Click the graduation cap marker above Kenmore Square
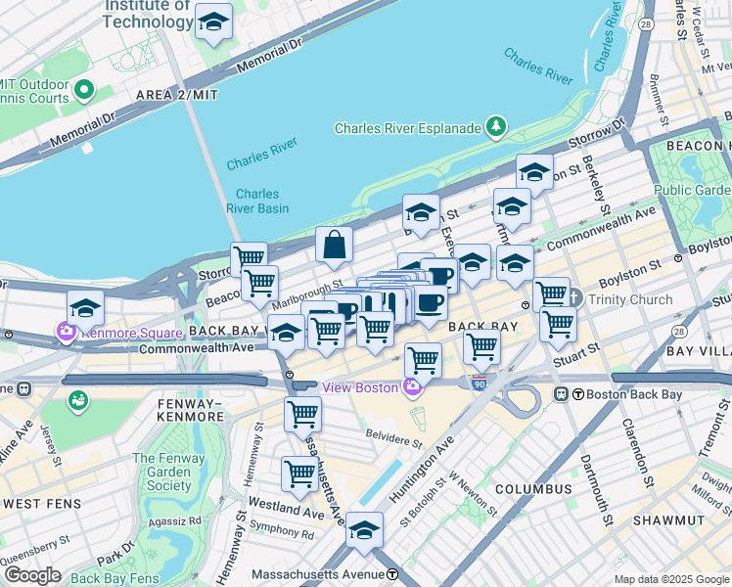click(85, 307)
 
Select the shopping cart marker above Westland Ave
click(299, 474)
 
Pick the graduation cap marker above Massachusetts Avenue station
click(364, 530)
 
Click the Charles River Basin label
click(257, 201)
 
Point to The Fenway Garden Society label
click(169, 472)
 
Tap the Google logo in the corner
click(31, 575)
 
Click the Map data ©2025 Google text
click(670, 579)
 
